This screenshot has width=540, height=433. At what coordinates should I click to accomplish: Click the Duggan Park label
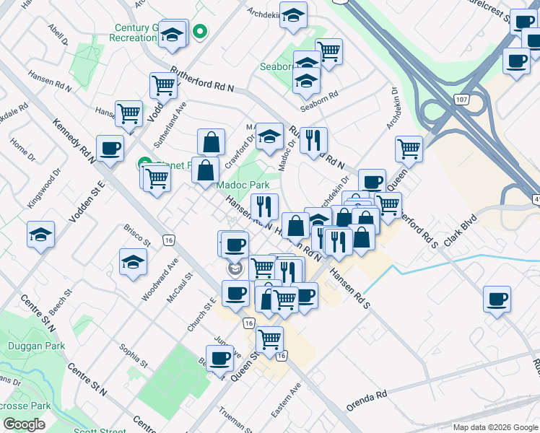click(x=36, y=346)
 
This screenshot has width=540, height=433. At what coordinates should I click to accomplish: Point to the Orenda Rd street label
click(x=367, y=401)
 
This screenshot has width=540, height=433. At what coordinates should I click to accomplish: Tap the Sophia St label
click(x=134, y=355)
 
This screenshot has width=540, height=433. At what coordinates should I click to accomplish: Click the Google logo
click(x=24, y=424)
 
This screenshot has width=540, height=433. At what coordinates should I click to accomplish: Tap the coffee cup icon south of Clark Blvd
click(x=497, y=299)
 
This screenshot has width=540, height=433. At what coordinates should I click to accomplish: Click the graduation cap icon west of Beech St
click(x=40, y=235)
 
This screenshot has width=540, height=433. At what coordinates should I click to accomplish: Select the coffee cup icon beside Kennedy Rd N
click(x=110, y=149)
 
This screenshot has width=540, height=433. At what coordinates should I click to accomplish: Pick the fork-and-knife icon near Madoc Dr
click(x=313, y=140)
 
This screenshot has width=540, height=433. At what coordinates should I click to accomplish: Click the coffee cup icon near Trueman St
click(x=219, y=357)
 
